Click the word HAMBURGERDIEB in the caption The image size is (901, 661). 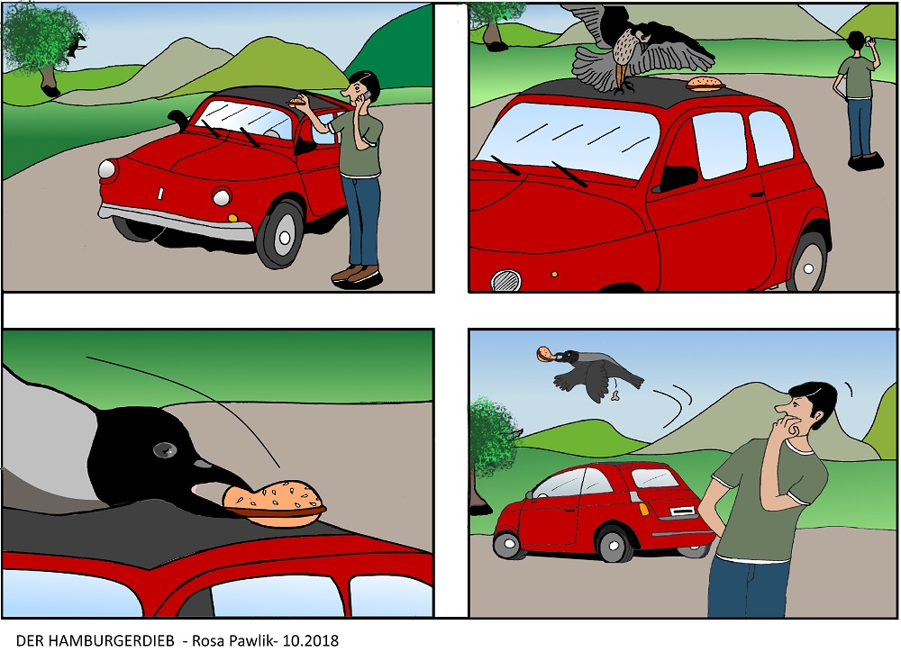coord(111,641)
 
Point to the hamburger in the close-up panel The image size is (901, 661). coord(275,503)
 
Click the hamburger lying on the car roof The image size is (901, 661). coord(705,85)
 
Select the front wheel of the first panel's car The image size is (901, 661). coord(281,235)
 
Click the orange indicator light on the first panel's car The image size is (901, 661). coord(232,218)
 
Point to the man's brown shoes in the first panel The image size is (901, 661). coord(357,276)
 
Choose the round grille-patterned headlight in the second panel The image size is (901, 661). coord(506,281)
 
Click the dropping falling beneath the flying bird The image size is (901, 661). coord(615,395)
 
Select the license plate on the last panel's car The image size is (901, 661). coord(682,511)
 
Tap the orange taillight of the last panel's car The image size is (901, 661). coord(644,509)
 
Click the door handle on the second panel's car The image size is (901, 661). coord(757,195)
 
